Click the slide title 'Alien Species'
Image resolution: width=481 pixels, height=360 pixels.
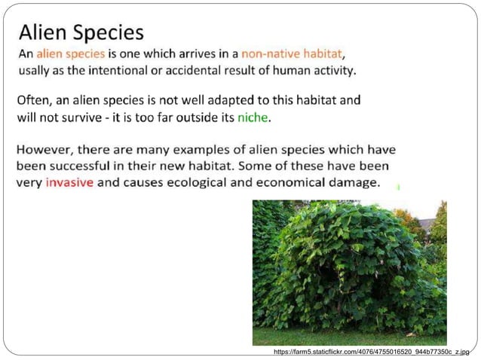[81, 32]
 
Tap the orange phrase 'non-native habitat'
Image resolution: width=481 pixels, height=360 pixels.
[292, 54]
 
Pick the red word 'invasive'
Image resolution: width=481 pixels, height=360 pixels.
[69, 183]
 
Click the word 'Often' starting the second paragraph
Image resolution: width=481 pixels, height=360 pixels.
[33, 100]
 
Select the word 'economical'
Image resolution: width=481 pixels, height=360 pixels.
[296, 183]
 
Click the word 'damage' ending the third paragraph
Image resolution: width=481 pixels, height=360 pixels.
[356, 183]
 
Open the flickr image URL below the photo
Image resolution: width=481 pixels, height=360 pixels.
[370, 352]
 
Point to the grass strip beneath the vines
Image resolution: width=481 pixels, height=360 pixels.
[347, 336]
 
